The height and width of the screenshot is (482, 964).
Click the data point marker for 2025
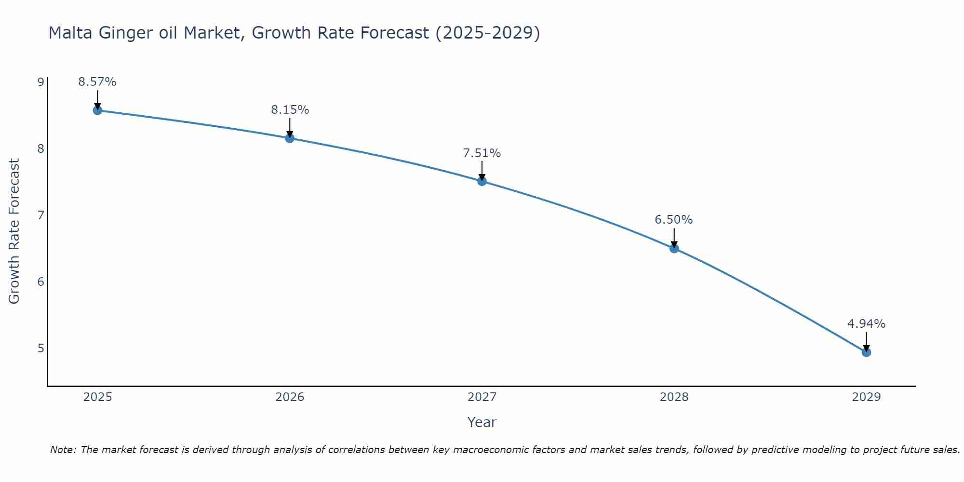point(97,110)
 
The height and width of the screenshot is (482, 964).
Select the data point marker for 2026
point(290,138)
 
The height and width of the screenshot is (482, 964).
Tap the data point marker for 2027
point(482,181)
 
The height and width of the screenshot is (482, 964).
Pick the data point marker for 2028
point(674,249)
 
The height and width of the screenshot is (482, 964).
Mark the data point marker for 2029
point(866,352)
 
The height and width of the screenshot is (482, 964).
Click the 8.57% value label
point(97,82)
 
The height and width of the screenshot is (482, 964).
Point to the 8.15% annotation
point(290,110)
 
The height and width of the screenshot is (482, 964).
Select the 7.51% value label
point(482,153)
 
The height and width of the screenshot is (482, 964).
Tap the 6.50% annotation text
point(674,220)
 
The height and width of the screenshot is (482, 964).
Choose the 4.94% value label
point(866,324)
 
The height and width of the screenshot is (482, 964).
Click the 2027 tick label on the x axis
point(482,397)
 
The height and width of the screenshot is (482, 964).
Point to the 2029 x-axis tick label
point(866,397)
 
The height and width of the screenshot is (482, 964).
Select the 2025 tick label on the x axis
point(97,397)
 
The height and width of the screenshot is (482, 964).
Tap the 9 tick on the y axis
point(40,82)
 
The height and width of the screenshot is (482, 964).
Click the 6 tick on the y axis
point(40,281)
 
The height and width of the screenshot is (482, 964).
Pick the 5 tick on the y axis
point(40,348)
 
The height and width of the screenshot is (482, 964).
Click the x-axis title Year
point(482,422)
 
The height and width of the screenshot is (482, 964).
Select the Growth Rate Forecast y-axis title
point(14,231)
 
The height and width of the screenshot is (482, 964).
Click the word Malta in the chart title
point(71,33)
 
